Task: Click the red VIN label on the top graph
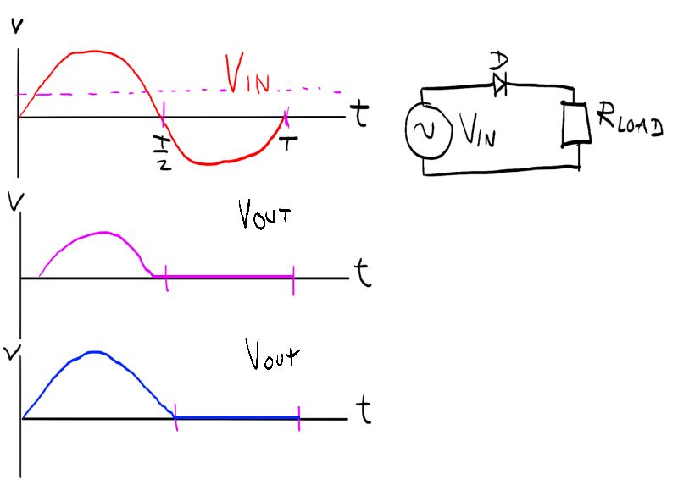pyautogui.click(x=247, y=75)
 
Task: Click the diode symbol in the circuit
pyautogui.click(x=498, y=83)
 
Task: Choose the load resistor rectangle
pyautogui.click(x=575, y=122)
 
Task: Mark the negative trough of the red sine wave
pyautogui.click(x=212, y=163)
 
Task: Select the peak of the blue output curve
pyautogui.click(x=95, y=351)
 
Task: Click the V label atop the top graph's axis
pyautogui.click(x=15, y=29)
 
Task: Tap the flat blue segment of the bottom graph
pyautogui.click(x=237, y=417)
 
